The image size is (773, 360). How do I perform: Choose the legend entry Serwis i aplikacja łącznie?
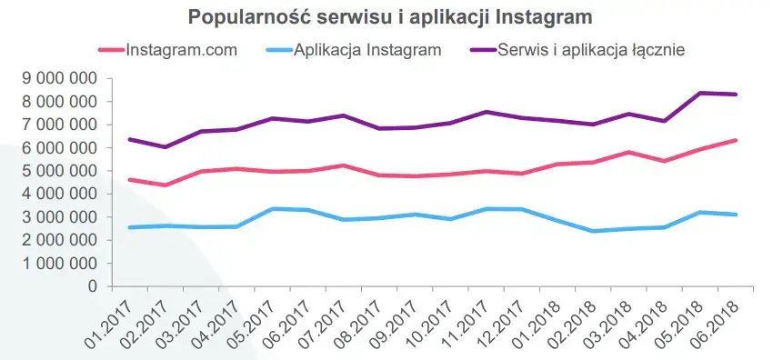[x=590, y=49]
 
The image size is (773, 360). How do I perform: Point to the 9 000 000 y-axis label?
[x=57, y=78]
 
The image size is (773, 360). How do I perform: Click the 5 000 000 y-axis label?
[x=57, y=171]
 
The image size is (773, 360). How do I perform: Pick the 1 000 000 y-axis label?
[x=57, y=264]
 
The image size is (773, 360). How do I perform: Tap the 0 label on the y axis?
[x=91, y=286]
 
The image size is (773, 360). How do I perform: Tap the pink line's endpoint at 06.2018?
[x=735, y=140]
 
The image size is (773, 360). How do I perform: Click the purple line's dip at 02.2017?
[x=165, y=147]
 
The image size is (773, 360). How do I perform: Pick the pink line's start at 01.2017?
[x=130, y=180]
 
